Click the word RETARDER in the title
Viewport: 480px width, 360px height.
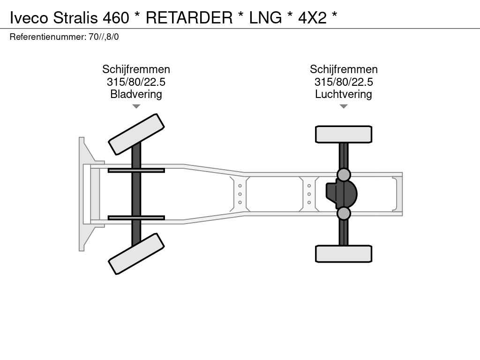pyautogui.click(x=189, y=17)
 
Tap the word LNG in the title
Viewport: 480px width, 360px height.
pyautogui.click(x=265, y=17)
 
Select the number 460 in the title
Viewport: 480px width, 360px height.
pyautogui.click(x=115, y=17)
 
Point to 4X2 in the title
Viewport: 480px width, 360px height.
pyautogui.click(x=312, y=17)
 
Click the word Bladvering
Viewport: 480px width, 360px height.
pyautogui.click(x=136, y=94)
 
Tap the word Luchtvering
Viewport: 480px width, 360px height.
pyautogui.click(x=344, y=94)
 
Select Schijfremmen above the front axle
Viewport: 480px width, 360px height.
pyautogui.click(x=136, y=69)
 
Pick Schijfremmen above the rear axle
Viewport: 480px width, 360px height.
pyautogui.click(x=344, y=69)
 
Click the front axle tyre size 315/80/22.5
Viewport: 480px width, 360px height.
pyautogui.click(x=136, y=82)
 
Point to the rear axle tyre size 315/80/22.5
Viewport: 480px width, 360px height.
pyautogui.click(x=344, y=82)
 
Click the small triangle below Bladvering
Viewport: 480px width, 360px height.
pyautogui.click(x=136, y=106)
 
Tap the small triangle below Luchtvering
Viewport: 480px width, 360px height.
pyautogui.click(x=344, y=106)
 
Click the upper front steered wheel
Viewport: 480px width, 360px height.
pyautogui.click(x=136, y=134)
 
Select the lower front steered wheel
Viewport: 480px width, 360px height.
pyautogui.click(x=136, y=254)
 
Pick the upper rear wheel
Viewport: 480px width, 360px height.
pyautogui.click(x=344, y=134)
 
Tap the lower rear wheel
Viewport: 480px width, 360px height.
pyautogui.click(x=344, y=254)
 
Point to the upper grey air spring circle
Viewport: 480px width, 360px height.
pyautogui.click(x=344, y=174)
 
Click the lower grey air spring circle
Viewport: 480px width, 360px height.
pyautogui.click(x=344, y=213)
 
